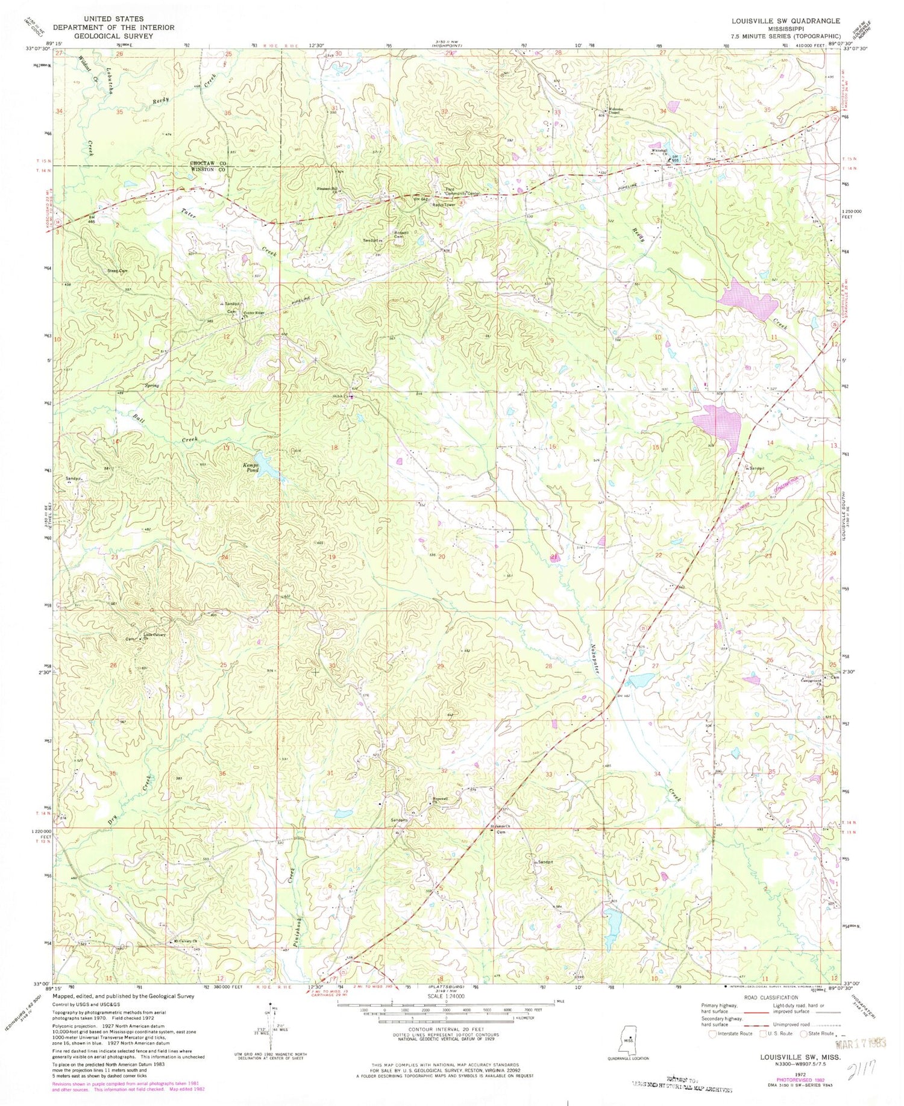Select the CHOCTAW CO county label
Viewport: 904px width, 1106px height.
(x=208, y=164)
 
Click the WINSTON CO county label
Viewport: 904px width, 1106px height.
(x=208, y=170)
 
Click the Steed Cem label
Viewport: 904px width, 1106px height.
(x=118, y=272)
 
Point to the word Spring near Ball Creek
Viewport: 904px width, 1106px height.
(x=152, y=386)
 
